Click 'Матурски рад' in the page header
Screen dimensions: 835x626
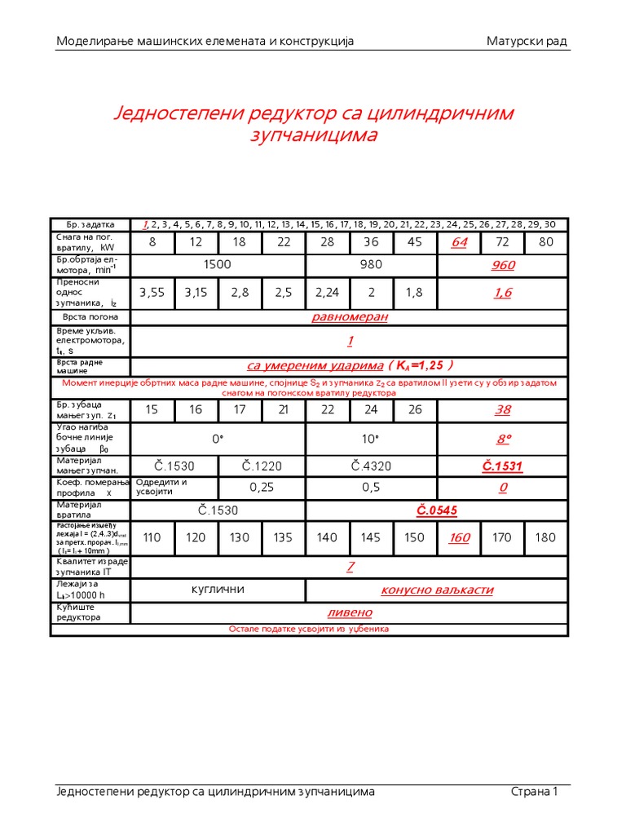[x=527, y=41]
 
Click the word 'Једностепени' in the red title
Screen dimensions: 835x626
[x=177, y=113]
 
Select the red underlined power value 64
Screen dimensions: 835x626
[x=460, y=242]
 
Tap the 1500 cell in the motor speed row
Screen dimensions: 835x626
[x=218, y=265]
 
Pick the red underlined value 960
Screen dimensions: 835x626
[x=503, y=265]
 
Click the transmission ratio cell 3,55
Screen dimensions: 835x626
[x=152, y=293]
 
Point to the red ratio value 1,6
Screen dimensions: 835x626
[x=503, y=293]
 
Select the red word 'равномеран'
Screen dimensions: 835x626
[x=350, y=316]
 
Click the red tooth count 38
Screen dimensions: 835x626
[x=503, y=410]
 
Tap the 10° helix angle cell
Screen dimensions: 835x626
[x=371, y=439]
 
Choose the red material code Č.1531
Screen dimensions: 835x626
[x=503, y=466]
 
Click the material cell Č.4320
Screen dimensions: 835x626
[x=371, y=466]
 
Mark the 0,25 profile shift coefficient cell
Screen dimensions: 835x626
[x=262, y=487]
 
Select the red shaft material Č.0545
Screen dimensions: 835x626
[x=437, y=510]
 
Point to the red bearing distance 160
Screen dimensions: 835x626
[x=460, y=537]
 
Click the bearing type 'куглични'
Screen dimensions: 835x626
[x=218, y=590]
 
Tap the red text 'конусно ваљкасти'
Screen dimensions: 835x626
[x=437, y=590]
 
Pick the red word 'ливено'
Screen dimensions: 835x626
[x=350, y=612]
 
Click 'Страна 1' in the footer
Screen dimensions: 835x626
[x=534, y=791]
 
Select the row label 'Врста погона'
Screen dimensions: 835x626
[x=90, y=316]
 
